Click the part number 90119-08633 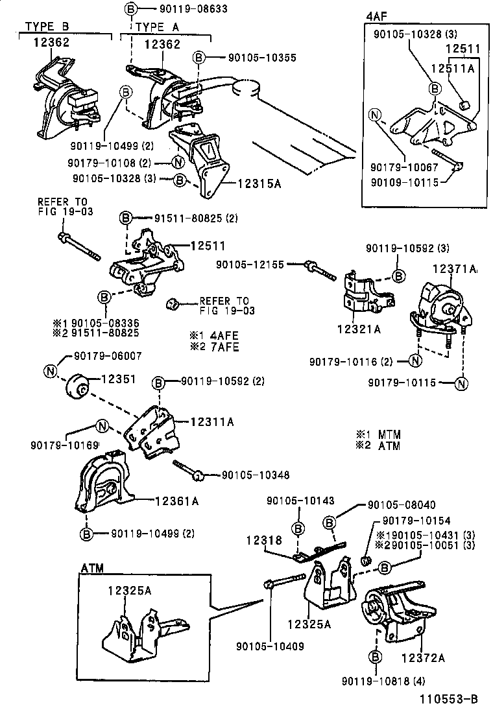coord(180,9)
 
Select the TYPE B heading coord(47,27)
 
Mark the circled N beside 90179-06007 coord(51,370)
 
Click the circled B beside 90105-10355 coord(200,57)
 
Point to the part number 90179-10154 coord(416,521)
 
